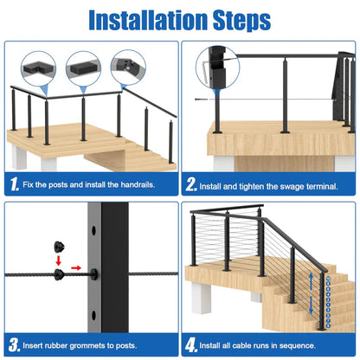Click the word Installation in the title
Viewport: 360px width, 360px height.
(148, 20)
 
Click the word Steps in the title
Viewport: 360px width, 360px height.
(241, 21)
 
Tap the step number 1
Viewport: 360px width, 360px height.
(15, 183)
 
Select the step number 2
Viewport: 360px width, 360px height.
(191, 184)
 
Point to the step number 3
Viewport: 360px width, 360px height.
(14, 344)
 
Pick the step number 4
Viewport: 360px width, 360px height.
(191, 345)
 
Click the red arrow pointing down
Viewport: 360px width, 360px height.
(59, 260)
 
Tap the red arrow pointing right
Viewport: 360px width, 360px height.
(76, 268)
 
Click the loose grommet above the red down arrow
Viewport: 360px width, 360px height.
(59, 247)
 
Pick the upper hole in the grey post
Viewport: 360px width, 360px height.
(93, 230)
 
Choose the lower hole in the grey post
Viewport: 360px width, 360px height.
(93, 315)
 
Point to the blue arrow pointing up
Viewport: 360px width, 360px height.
(311, 281)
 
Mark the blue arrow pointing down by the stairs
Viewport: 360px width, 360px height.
(311, 305)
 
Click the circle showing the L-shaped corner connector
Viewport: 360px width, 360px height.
(38, 69)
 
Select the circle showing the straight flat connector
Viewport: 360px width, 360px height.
(83, 69)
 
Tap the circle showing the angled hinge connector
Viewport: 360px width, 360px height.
(128, 67)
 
